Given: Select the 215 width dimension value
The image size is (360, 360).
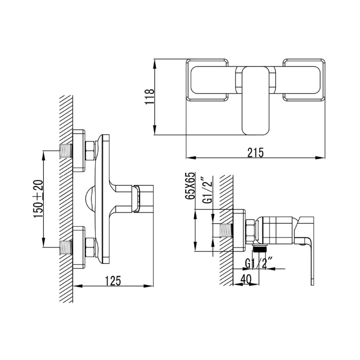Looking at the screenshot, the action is (256, 152).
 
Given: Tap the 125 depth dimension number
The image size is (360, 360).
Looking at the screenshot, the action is (113, 281).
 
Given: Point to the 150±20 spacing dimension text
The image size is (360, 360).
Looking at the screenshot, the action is (39, 199).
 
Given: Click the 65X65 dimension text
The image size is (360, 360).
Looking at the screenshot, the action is (191, 186).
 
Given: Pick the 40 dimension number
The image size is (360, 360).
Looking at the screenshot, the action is (246, 279).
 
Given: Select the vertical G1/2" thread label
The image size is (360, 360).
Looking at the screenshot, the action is (208, 190).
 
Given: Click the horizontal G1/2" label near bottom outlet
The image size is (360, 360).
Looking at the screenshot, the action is (259, 264).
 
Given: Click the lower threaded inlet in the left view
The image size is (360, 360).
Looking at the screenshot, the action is (66, 247).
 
